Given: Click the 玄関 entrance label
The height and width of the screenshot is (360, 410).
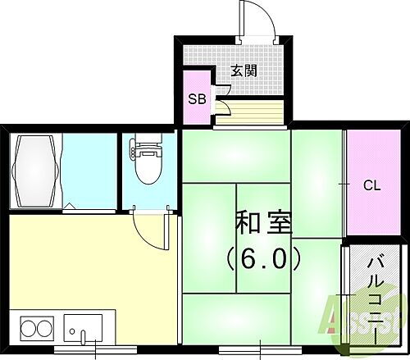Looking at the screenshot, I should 244,71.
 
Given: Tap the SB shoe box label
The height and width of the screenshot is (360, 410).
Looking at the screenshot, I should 197,99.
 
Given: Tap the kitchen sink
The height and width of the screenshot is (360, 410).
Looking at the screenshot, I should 84,330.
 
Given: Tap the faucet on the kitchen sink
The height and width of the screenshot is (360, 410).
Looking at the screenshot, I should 83,335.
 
